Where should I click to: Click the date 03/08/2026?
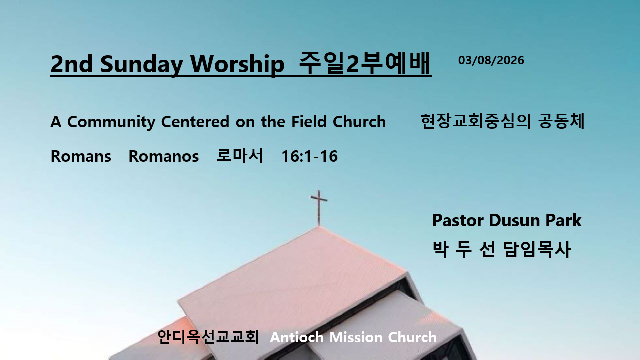point(491,60)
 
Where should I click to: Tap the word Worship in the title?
point(237,64)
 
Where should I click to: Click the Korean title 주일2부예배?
point(365,63)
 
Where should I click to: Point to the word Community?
point(111,122)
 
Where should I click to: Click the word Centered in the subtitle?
point(195,122)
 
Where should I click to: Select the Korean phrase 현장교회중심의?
point(475,121)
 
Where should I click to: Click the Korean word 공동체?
point(561,121)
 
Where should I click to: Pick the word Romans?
point(81,156)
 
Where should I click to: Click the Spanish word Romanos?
point(163,156)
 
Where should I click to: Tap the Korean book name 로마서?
point(239,155)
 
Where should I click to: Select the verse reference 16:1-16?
point(309,156)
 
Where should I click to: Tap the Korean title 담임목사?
point(537,249)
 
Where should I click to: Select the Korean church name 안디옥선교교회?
point(208,337)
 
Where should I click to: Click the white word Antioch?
point(297,337)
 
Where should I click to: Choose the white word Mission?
point(356,337)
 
